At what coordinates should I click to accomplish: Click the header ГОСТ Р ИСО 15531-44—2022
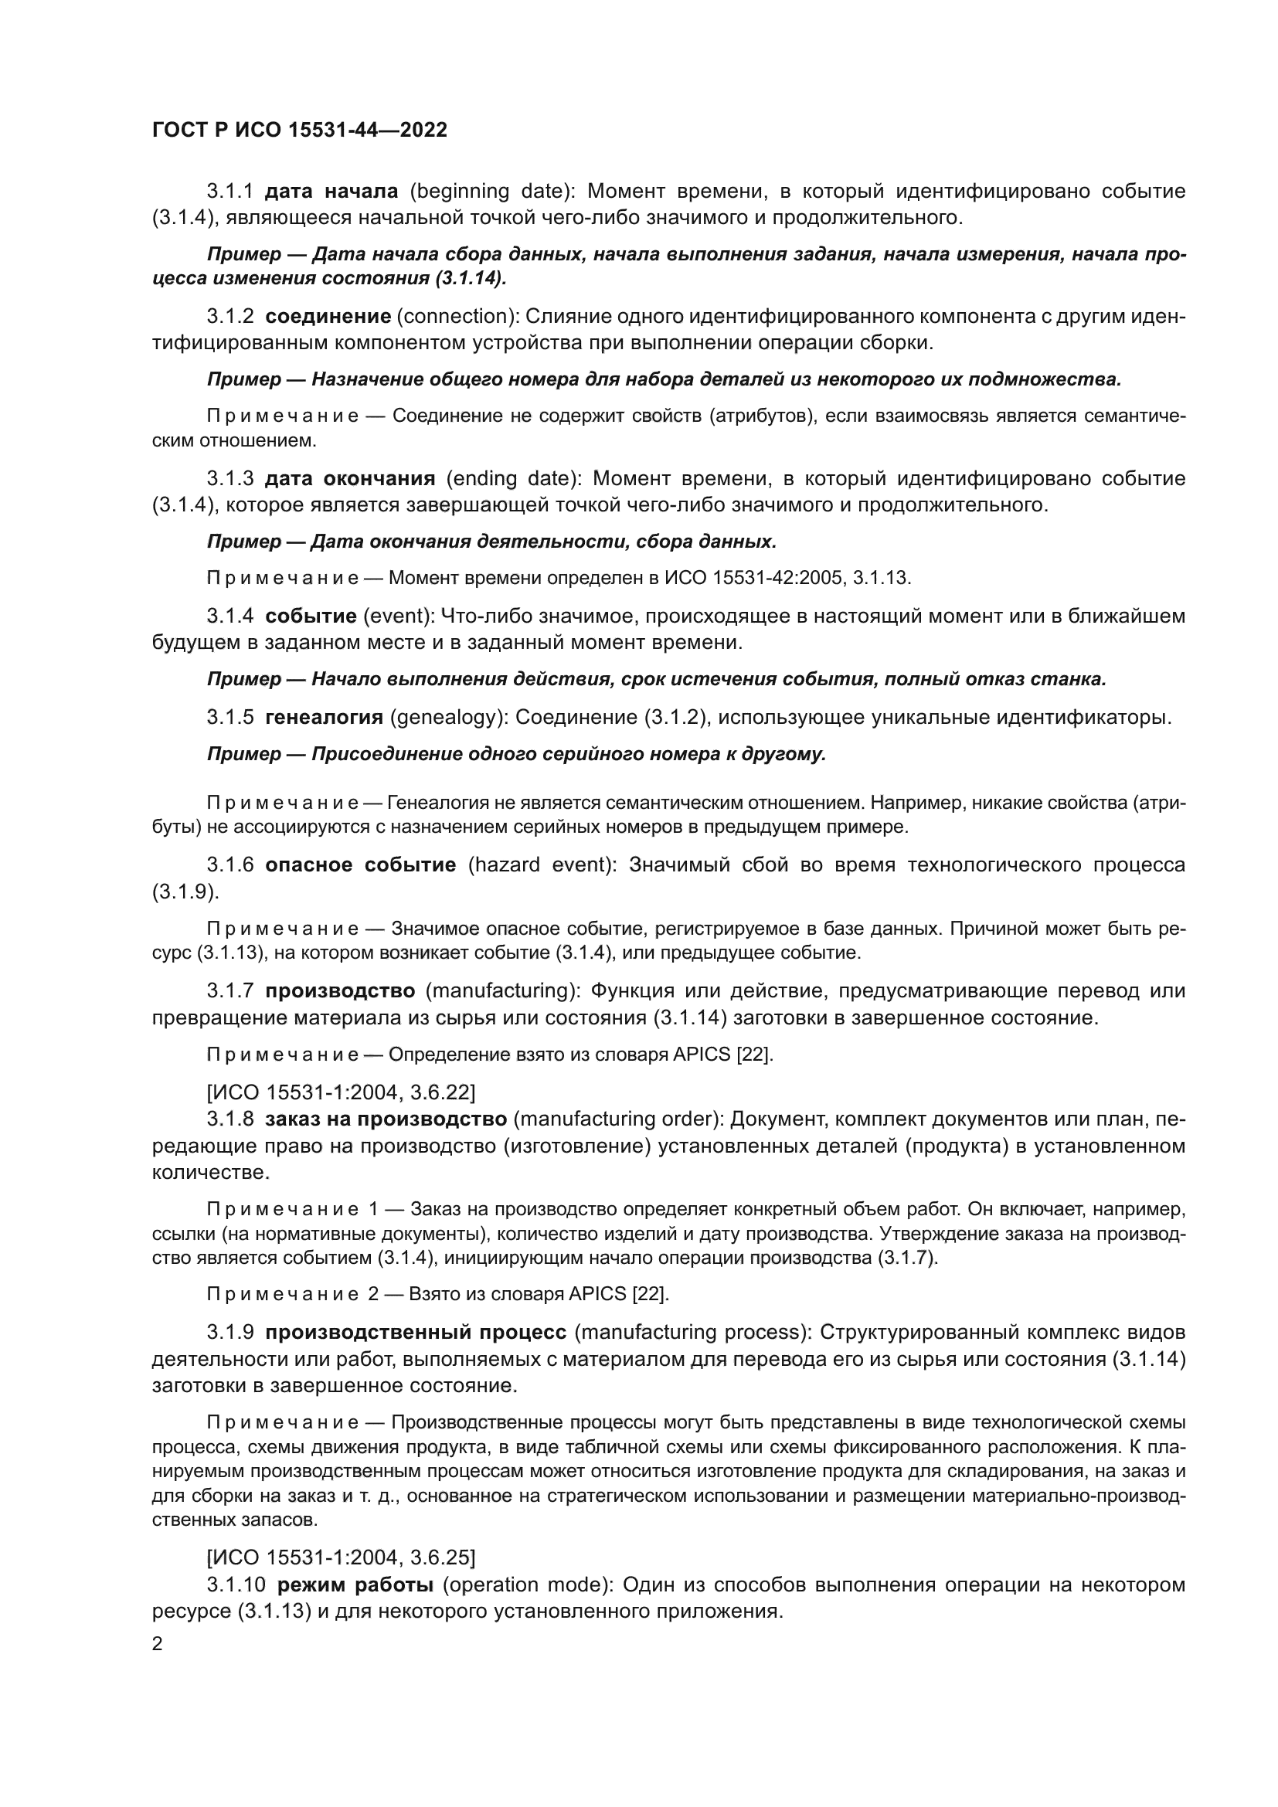299,130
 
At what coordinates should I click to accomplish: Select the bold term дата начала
331,192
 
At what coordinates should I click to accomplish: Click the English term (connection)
457,317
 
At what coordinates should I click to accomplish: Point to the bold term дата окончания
349,478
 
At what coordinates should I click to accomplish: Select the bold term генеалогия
324,717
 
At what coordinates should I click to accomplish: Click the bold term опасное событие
360,865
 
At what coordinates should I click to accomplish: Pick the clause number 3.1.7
229,990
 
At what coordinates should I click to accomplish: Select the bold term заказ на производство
386,1119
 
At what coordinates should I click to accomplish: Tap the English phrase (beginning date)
495,192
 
